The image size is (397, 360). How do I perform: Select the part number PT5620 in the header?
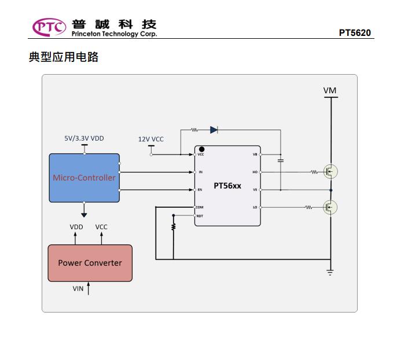[355, 32]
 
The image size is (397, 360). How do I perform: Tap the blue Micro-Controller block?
[84, 178]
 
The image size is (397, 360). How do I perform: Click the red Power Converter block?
[90, 263]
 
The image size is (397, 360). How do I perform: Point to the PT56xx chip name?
[227, 186]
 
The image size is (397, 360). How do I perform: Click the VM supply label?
[330, 90]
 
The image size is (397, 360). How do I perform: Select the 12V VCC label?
[150, 139]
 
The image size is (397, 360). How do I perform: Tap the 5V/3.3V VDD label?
[84, 138]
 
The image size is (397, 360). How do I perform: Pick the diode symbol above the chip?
[214, 130]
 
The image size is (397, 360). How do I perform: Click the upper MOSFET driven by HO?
[330, 171]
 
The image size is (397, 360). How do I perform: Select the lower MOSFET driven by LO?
[330, 207]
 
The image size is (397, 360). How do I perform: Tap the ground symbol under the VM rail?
[330, 270]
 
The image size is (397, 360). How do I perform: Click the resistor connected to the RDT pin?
[173, 227]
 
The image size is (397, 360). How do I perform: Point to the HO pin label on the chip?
[255, 172]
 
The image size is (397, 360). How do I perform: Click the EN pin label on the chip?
[200, 190]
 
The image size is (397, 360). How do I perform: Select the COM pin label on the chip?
[200, 207]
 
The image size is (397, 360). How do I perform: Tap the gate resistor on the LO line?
[308, 207]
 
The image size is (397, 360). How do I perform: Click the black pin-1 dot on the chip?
[202, 149]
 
